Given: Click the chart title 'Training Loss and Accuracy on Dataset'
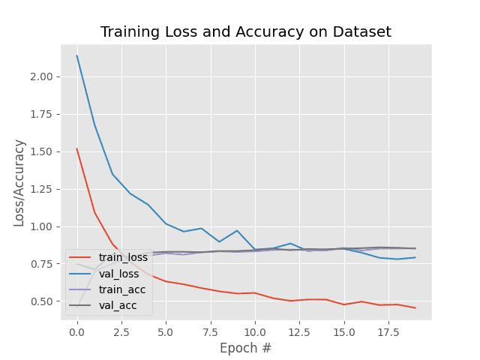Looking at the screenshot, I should (x=246, y=32).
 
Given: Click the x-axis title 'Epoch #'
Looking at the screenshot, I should (x=246, y=348).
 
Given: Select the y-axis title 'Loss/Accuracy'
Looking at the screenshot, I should (x=19, y=182).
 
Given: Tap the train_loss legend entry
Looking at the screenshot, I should (x=120, y=258).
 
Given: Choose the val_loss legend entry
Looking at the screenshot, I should (x=117, y=274).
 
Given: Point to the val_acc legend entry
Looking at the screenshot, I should (x=116, y=305).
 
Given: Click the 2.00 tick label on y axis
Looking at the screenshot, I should (x=42, y=76).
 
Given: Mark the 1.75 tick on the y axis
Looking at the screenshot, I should (x=42, y=114).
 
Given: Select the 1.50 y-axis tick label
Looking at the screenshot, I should (x=42, y=151).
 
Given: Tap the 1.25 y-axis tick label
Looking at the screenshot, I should (x=42, y=189).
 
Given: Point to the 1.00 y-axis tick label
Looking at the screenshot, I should (x=42, y=226).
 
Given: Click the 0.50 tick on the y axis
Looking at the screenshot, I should (x=42, y=301).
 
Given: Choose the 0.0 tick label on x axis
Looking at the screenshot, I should (x=77, y=331).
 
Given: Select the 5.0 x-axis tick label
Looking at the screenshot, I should (x=166, y=331).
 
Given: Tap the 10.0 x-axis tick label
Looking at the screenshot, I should (x=255, y=331).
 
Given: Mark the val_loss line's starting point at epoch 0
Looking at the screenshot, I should (x=77, y=55).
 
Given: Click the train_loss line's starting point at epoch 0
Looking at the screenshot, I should (x=77, y=148).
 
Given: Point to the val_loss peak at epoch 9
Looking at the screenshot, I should (x=237, y=230).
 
